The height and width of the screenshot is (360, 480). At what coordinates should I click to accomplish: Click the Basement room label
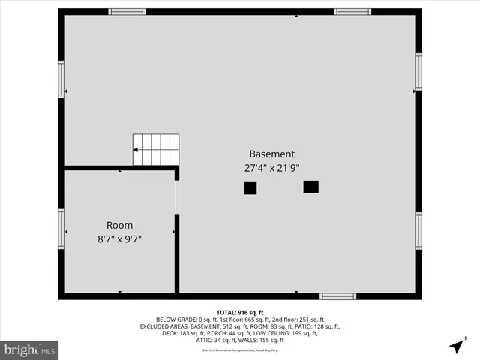click(x=272, y=154)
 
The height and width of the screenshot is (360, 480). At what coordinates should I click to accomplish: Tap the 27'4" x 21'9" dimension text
click(x=272, y=168)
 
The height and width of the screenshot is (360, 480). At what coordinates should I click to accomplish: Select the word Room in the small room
click(x=119, y=225)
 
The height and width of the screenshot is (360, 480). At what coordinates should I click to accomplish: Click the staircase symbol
click(x=156, y=149)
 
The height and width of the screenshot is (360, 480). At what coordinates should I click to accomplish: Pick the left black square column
click(x=250, y=188)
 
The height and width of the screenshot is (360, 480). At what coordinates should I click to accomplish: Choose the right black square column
click(x=310, y=187)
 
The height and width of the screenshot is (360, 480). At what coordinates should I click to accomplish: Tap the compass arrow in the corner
click(x=456, y=346)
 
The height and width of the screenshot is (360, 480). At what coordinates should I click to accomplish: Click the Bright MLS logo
click(x=30, y=349)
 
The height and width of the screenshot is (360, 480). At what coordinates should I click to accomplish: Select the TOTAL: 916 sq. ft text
click(x=240, y=312)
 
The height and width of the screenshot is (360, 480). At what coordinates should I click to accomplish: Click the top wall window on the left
click(x=127, y=12)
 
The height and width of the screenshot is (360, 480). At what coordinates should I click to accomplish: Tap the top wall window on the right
click(x=352, y=12)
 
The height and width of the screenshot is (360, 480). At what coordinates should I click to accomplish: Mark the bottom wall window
click(x=337, y=296)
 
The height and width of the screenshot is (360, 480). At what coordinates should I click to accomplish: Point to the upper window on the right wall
click(x=418, y=72)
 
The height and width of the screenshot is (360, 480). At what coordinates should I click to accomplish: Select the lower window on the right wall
click(x=418, y=230)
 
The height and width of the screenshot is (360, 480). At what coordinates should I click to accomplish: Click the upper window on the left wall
click(x=61, y=79)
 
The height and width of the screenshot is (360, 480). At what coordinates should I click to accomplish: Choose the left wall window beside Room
click(x=61, y=229)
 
